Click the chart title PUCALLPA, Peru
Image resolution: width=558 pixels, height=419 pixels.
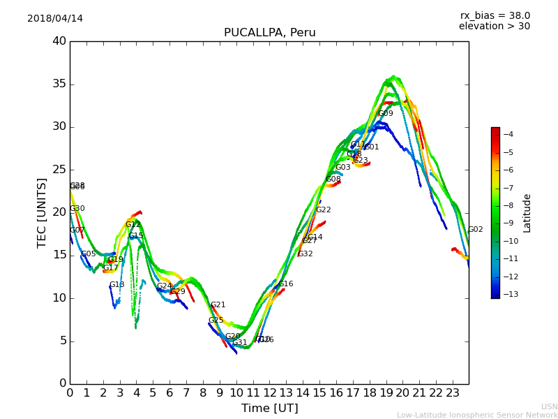pos(269,33)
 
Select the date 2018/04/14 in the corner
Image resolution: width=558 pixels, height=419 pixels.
pos(55,18)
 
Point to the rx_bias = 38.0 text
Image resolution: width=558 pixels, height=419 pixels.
pos(495,15)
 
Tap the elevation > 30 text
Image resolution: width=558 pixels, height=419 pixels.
pos(494,27)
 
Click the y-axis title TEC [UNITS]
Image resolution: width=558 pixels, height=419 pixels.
pos(42,212)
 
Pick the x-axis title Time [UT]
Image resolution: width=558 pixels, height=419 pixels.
pos(269,408)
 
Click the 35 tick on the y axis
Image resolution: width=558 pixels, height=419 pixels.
pos(59,84)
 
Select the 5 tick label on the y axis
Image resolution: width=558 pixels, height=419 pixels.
pos(62,341)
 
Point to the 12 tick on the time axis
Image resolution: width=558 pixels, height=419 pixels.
pos(269,392)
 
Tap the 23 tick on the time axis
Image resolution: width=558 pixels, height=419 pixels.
pos(452,392)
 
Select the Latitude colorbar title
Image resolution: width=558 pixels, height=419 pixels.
pos(527,213)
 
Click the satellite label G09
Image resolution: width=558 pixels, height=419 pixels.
pos(386,113)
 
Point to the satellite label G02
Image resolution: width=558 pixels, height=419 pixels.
pos(475,229)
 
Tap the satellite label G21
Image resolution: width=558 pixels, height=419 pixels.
pos(218,304)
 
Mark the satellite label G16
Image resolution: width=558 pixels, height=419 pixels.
pos(286,284)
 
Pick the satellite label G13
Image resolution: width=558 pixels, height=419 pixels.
pos(117,284)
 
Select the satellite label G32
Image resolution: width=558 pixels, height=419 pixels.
pos(305,253)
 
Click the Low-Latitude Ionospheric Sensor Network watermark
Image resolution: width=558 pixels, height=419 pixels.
pos(477,415)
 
